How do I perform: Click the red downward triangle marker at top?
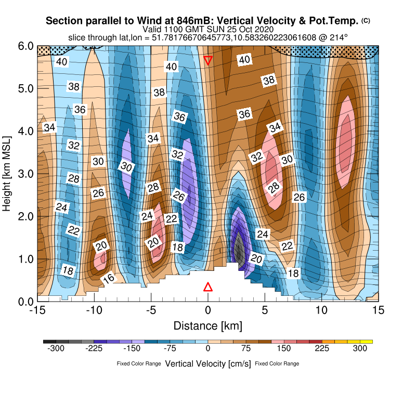(208, 60)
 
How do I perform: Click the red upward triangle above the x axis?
(208, 287)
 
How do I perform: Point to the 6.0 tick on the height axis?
(25, 46)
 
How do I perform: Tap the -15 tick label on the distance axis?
(37, 311)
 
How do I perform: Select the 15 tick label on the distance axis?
(379, 311)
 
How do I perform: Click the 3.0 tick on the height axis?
(25, 174)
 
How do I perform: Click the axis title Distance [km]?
(208, 326)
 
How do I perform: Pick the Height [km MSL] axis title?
(7, 174)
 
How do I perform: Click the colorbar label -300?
(56, 349)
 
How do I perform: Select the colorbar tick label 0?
(208, 349)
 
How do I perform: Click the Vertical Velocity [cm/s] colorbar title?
(208, 363)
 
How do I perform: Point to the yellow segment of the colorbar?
(367, 342)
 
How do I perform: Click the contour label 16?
(109, 278)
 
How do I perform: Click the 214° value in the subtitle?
(339, 37)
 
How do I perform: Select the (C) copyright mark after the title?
(366, 20)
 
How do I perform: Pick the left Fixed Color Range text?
(139, 364)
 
